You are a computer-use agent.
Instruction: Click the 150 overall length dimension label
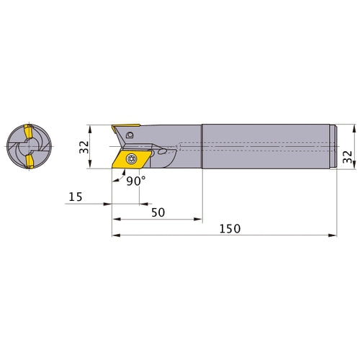tap(230, 229)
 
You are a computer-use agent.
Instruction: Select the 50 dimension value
tap(158, 212)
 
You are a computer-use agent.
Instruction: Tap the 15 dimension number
tap(76, 197)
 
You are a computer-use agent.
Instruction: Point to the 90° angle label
tap(136, 181)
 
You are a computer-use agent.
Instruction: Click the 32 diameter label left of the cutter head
tap(84, 147)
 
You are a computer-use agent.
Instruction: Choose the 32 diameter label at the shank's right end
tap(347, 157)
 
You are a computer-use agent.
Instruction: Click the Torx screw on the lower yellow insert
tap(131, 158)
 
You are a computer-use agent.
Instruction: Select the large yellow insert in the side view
tap(132, 159)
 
